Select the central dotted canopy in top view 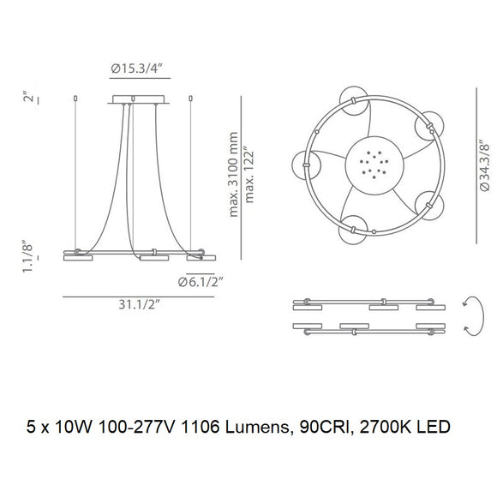click(x=371, y=162)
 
